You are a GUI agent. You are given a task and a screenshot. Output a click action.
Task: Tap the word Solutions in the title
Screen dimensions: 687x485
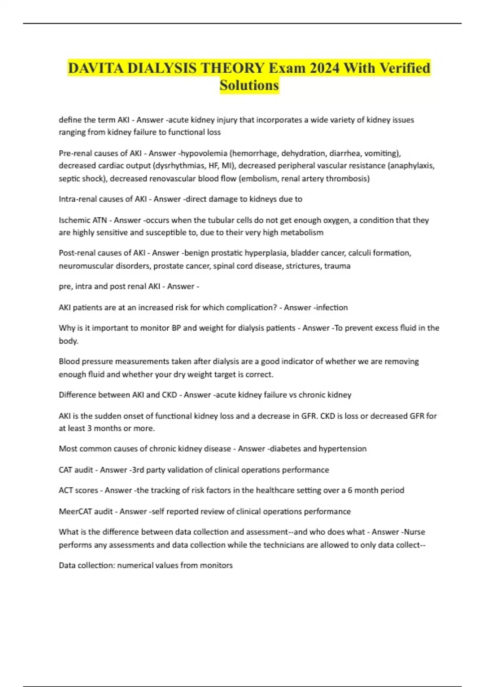point(249,85)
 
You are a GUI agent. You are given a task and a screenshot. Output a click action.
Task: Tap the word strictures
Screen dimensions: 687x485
point(303,266)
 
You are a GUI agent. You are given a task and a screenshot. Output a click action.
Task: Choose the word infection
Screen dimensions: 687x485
point(331,308)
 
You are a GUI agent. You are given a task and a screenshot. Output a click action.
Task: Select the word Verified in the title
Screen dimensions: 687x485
point(405,68)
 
